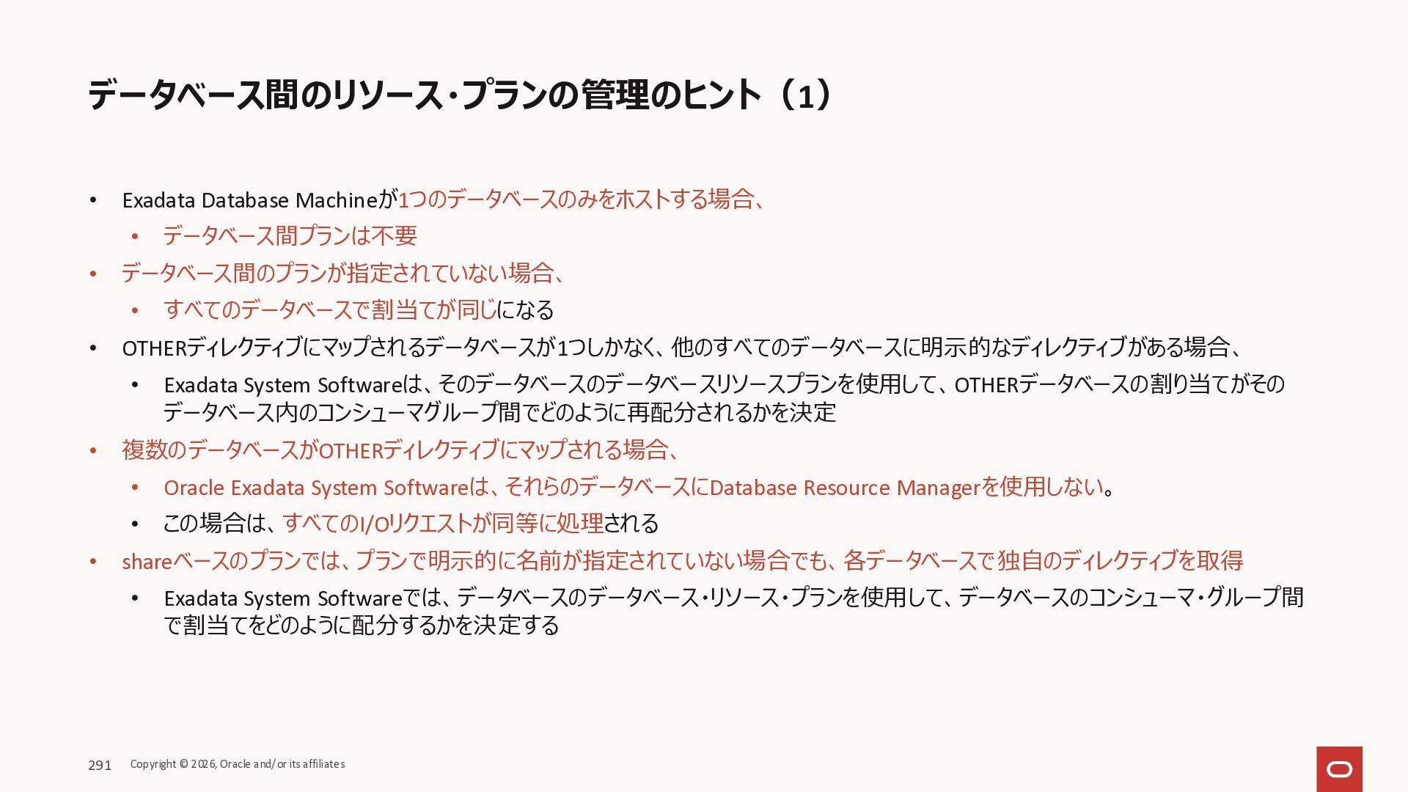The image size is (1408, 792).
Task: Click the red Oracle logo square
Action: pos(1339,769)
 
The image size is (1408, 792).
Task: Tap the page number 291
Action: pos(100,765)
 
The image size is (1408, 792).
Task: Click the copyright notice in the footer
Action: pos(238,764)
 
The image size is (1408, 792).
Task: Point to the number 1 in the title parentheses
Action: pos(805,96)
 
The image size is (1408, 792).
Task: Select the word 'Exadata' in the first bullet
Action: pos(158,200)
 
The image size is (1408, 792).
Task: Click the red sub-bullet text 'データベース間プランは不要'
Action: pos(290,236)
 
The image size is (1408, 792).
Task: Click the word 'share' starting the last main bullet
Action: pos(147,562)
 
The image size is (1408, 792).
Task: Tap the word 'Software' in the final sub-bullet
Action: pos(360,598)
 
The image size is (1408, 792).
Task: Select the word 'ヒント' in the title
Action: pos(722,96)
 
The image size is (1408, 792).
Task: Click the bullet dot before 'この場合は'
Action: pos(135,524)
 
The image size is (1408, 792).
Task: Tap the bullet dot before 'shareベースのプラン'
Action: pos(93,562)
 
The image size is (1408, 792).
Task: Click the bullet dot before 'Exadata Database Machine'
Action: pos(93,200)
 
